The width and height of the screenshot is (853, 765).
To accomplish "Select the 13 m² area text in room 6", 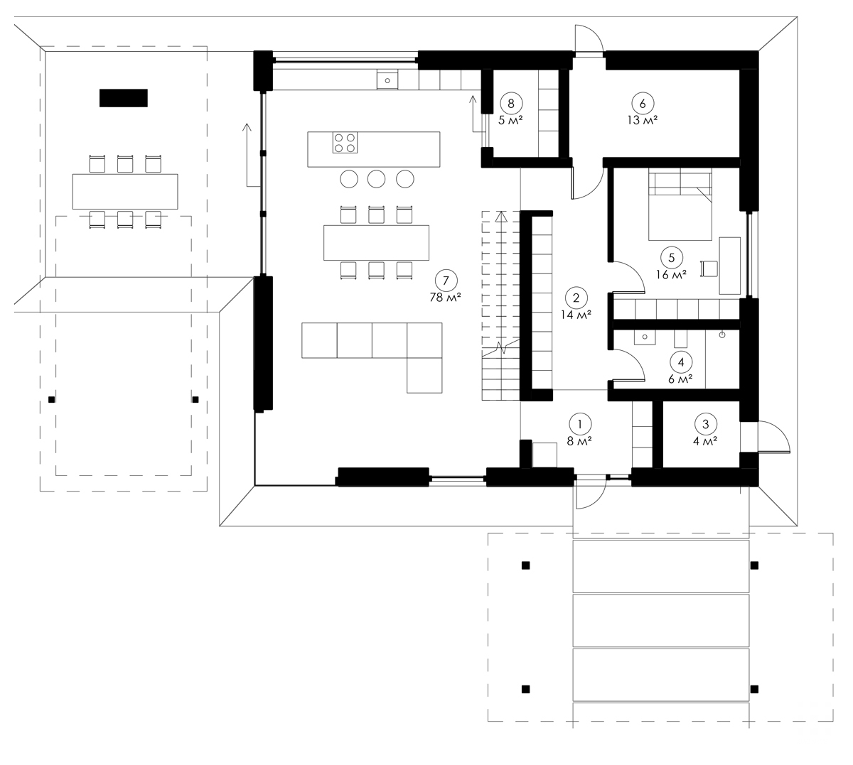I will [x=643, y=120].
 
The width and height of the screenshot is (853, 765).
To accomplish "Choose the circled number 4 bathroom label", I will [x=681, y=362].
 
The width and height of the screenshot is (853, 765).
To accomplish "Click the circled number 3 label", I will [x=705, y=424].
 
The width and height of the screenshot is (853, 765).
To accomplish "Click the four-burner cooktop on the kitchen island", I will [x=345, y=143].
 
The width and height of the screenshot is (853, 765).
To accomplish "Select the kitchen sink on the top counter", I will [x=387, y=80].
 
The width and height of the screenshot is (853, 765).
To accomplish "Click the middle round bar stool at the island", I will [x=377, y=179].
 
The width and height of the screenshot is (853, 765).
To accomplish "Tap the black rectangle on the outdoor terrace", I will [x=123, y=97].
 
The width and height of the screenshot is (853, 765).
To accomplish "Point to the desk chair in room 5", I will [x=708, y=268].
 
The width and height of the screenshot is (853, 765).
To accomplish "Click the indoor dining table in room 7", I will [x=377, y=243].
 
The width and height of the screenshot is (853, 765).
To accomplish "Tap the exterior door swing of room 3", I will [x=773, y=436].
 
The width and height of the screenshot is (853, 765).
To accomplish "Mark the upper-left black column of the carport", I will [x=525, y=565].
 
